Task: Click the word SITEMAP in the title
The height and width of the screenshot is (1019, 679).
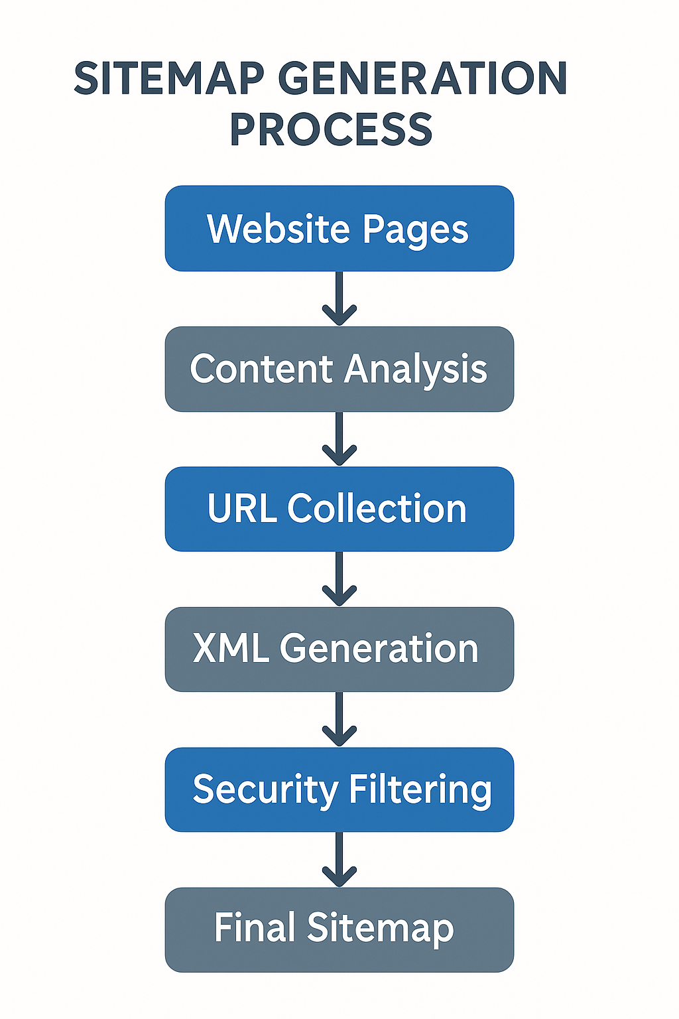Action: [x=169, y=78]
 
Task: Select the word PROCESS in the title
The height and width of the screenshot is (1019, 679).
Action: [x=331, y=129]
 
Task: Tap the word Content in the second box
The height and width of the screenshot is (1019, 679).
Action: [x=261, y=369]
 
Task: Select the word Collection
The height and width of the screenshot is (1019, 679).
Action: [x=377, y=509]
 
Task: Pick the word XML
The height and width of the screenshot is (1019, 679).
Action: [x=231, y=649]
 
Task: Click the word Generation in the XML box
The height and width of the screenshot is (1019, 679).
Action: [x=379, y=649]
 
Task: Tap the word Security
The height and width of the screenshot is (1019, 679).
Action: [x=265, y=790]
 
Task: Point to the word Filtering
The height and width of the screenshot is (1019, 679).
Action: [x=420, y=790]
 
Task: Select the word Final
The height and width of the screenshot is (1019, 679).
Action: [x=254, y=927]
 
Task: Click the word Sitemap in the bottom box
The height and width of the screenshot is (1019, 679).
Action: [x=380, y=929]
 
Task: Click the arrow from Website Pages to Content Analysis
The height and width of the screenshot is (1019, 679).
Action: [x=339, y=299]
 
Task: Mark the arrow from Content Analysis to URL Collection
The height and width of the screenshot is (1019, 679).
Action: [x=339, y=439]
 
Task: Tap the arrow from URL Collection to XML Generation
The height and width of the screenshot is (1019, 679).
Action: [x=339, y=579]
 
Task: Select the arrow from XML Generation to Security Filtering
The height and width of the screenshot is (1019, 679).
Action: [x=339, y=720]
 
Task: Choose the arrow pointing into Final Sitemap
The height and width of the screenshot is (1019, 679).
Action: [x=339, y=860]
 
